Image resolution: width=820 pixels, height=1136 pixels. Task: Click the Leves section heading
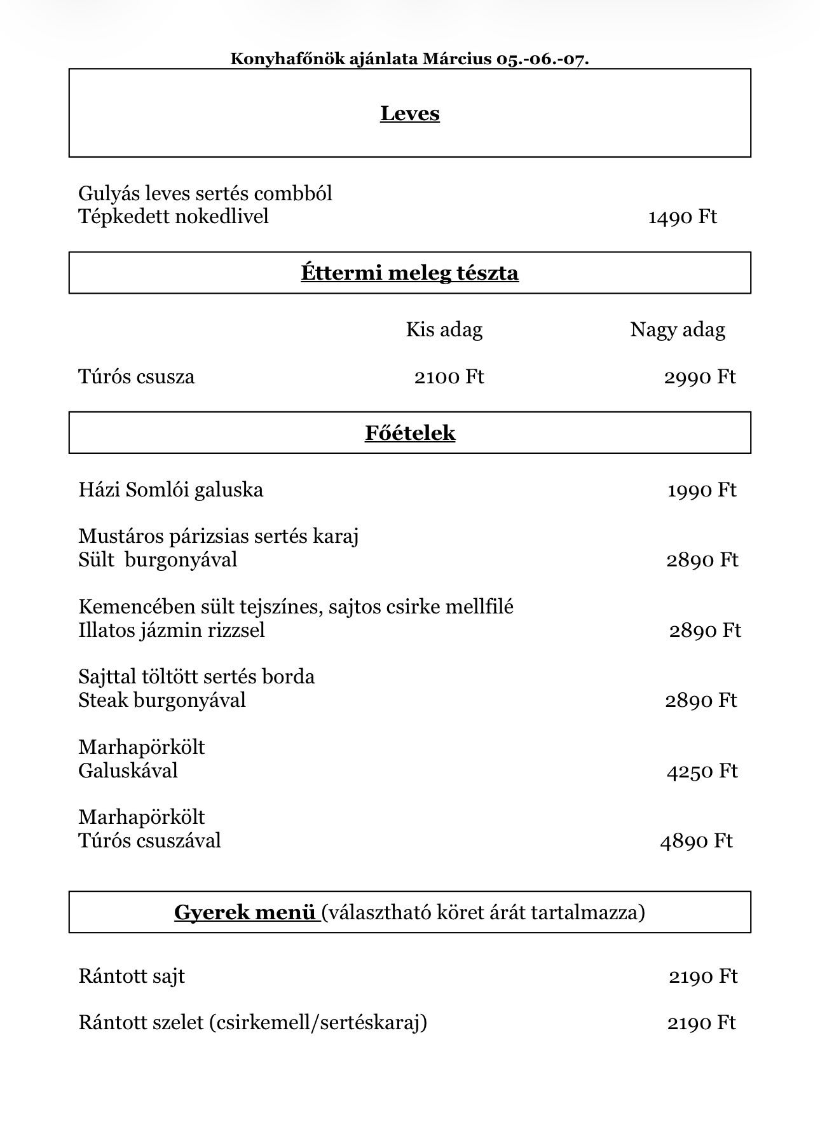[x=410, y=113]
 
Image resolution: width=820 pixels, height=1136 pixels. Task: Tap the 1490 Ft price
[x=682, y=217]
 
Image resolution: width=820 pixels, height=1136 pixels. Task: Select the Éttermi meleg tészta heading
[x=410, y=273]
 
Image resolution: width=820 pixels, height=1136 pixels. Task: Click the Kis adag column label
[x=444, y=330]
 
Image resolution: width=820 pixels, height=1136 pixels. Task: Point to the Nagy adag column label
[x=678, y=330]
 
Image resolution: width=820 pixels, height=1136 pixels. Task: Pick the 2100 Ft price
[x=449, y=377]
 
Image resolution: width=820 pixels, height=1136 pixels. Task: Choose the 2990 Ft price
[x=700, y=377]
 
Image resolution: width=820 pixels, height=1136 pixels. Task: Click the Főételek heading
[x=410, y=433]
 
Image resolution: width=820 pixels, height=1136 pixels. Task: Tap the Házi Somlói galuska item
[x=170, y=490]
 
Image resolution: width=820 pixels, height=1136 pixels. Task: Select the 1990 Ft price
[x=702, y=490]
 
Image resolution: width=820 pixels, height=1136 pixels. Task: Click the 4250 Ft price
[x=702, y=771]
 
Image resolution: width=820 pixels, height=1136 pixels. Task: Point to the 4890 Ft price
[x=697, y=841]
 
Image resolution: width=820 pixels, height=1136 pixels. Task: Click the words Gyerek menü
[x=245, y=912]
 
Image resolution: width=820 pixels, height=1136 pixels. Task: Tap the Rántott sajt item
[x=132, y=976]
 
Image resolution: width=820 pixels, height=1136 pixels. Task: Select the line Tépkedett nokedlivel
[x=173, y=217]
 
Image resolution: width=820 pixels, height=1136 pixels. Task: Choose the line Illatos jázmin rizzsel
[x=172, y=630]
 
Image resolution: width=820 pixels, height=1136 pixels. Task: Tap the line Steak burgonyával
[x=162, y=701]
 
